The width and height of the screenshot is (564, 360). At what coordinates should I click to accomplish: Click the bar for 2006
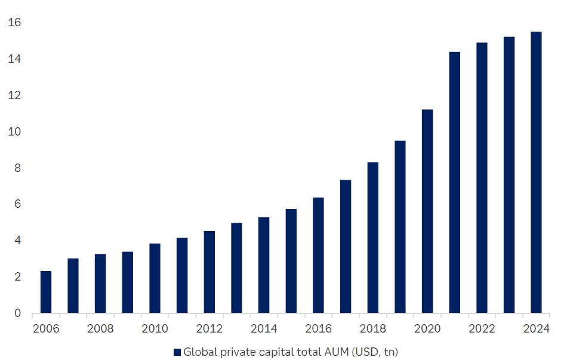pos(46,292)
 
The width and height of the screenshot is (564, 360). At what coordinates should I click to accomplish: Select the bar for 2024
pos(536,173)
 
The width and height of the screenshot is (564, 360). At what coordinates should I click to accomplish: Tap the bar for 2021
pos(455,183)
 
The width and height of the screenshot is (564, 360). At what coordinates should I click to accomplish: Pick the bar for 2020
pos(427,211)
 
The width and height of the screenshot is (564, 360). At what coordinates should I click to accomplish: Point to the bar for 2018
pos(373,238)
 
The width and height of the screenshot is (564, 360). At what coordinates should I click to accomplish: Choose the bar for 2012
pos(209,272)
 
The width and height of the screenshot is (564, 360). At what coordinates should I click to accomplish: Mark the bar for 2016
pos(319,256)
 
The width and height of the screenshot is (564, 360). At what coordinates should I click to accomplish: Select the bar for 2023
pos(509,175)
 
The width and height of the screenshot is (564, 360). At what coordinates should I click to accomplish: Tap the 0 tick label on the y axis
pos(17,313)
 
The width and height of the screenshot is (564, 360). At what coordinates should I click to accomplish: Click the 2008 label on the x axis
pos(100,328)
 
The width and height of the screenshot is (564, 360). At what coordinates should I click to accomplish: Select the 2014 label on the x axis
pos(264,328)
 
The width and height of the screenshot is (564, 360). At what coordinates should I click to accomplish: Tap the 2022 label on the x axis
pos(482,328)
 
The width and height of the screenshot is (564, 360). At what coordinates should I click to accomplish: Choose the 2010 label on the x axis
pos(155,328)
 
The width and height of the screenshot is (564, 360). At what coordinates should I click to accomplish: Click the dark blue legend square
pos(177,352)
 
